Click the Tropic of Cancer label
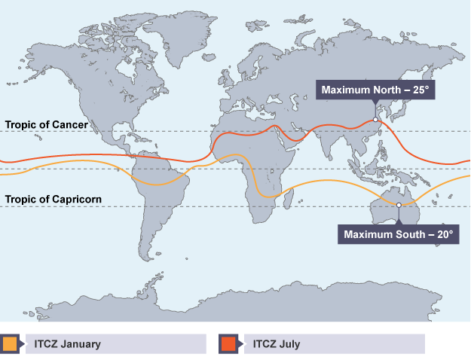pos(47,124)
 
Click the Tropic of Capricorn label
pos(54,199)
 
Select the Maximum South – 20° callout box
pos(399,234)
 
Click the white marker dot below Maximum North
pos(375,118)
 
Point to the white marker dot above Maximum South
pos(399,205)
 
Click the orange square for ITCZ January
pos(9,344)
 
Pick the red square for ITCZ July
pos(227,344)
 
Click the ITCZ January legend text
pos(67,344)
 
